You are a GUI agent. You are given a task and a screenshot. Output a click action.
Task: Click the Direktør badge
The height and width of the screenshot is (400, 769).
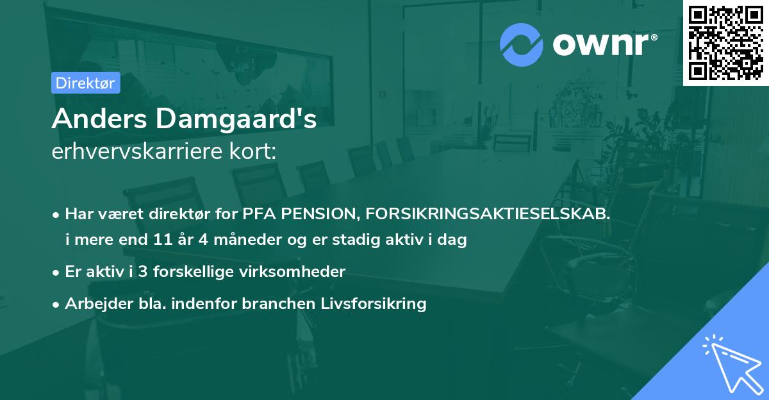(85, 83)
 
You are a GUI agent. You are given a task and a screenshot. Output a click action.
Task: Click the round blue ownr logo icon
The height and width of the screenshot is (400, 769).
(522, 45)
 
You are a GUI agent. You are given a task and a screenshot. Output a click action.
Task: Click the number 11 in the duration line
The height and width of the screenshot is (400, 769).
(162, 241)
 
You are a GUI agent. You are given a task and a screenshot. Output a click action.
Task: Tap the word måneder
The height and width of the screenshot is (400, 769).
(236, 241)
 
